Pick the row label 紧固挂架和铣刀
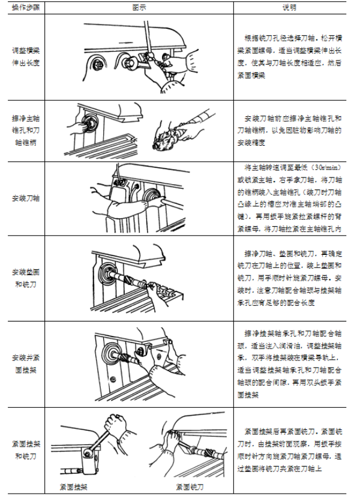pyautogui.click(x=25, y=446)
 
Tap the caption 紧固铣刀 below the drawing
pyautogui.click(x=187, y=485)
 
